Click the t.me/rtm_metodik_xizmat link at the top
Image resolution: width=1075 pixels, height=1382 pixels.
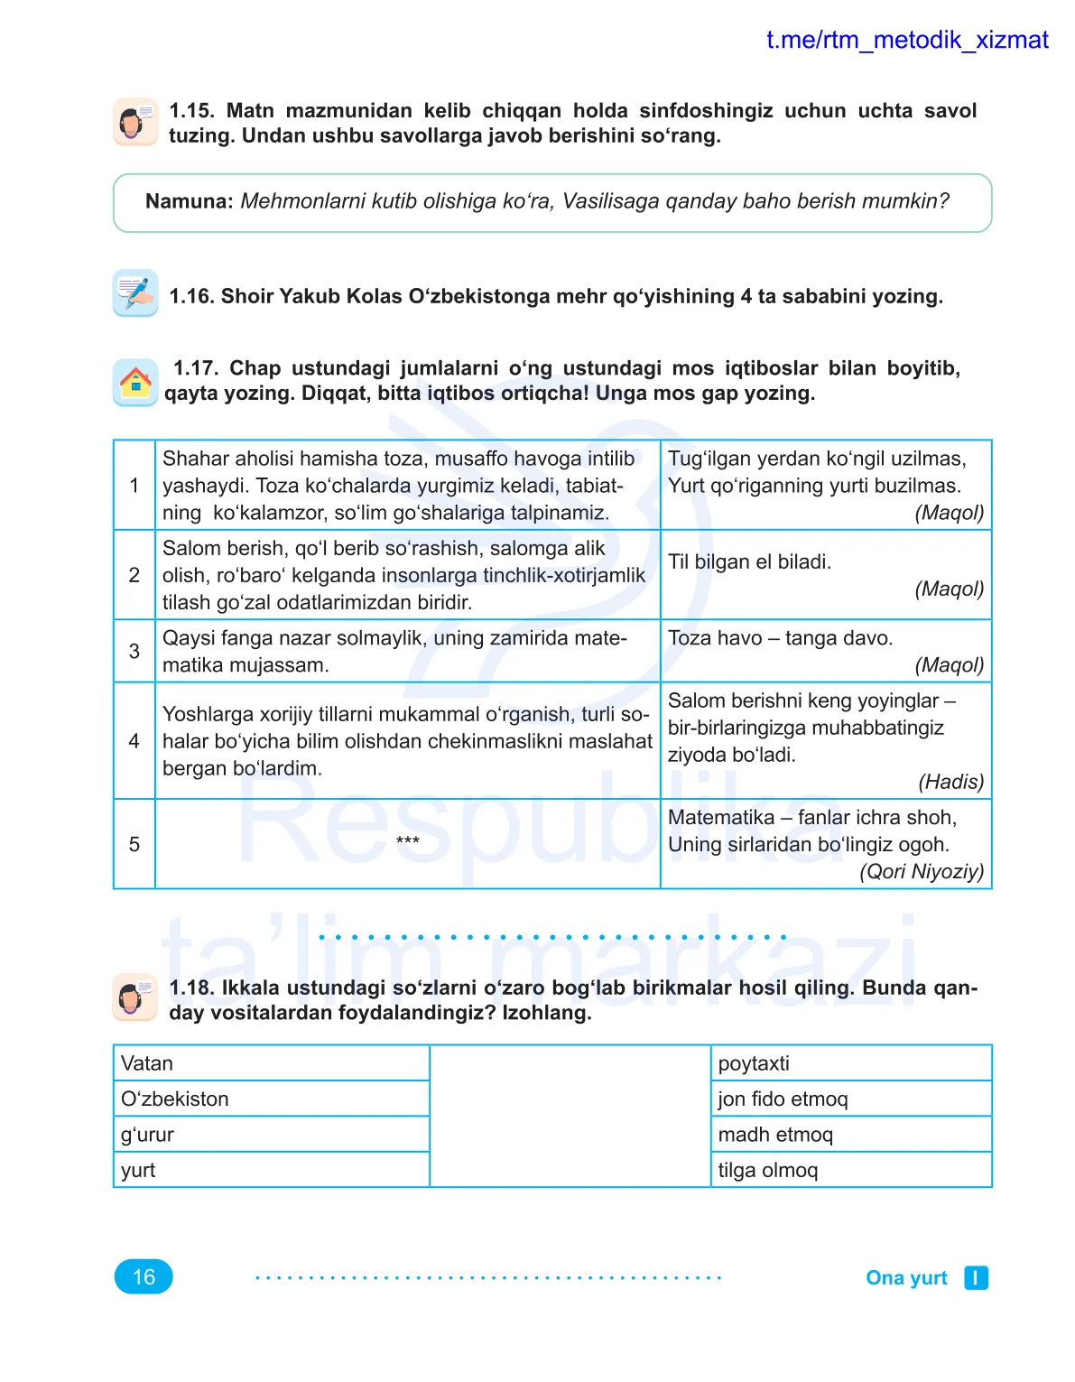point(906,40)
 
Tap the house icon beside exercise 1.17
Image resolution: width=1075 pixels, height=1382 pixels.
point(135,382)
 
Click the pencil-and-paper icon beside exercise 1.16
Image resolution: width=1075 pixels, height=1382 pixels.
point(135,292)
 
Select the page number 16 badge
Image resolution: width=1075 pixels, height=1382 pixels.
point(144,1276)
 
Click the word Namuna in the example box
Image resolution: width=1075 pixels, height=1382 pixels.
point(190,201)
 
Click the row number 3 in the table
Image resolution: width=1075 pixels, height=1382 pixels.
point(134,651)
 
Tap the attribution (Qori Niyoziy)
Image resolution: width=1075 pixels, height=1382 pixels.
point(921,871)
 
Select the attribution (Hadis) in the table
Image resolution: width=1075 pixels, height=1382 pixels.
point(950,782)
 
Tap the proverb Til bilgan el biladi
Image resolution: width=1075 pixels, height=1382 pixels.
point(749,561)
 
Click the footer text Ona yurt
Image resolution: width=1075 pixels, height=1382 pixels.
point(906,1277)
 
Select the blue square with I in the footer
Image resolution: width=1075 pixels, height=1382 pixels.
point(976,1277)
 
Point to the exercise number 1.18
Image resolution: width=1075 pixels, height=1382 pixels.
point(191,988)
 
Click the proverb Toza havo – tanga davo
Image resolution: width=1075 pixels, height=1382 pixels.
point(780,638)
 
